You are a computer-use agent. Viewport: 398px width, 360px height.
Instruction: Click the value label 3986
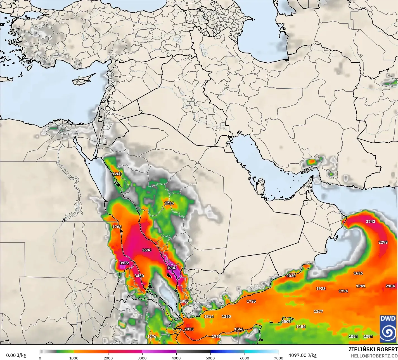pos(172,268)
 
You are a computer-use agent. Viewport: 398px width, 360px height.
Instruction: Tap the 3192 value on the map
pos(124,263)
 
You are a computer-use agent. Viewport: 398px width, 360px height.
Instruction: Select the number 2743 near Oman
pos(371,222)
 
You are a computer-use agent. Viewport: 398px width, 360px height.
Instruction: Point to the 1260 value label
pos(117,174)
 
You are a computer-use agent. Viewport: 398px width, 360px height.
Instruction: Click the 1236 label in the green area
pos(169,203)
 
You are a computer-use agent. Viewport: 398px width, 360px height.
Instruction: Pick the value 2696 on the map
pos(147,250)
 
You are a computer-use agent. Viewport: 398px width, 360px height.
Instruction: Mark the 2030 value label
pos(291,276)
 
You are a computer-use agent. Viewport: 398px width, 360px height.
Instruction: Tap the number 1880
pos(184,301)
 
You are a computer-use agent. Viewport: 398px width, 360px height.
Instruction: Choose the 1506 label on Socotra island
pos(286,322)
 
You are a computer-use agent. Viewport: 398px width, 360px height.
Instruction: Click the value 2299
pos(383,242)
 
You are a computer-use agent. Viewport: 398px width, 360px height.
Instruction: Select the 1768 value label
pos(117,227)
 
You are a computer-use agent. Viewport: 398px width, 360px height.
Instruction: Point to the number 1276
pos(152,337)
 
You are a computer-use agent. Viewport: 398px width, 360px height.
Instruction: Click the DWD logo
pos(388,329)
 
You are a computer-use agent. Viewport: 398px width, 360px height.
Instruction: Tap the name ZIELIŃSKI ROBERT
pos(373,349)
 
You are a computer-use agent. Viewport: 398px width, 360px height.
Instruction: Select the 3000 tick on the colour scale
pos(142,358)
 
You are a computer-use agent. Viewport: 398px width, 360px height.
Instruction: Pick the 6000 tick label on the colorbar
pos(245,358)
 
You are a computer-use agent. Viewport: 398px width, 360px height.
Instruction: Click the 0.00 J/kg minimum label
pos(16,355)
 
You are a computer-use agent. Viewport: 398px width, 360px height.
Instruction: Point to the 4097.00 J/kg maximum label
pos(302,355)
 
